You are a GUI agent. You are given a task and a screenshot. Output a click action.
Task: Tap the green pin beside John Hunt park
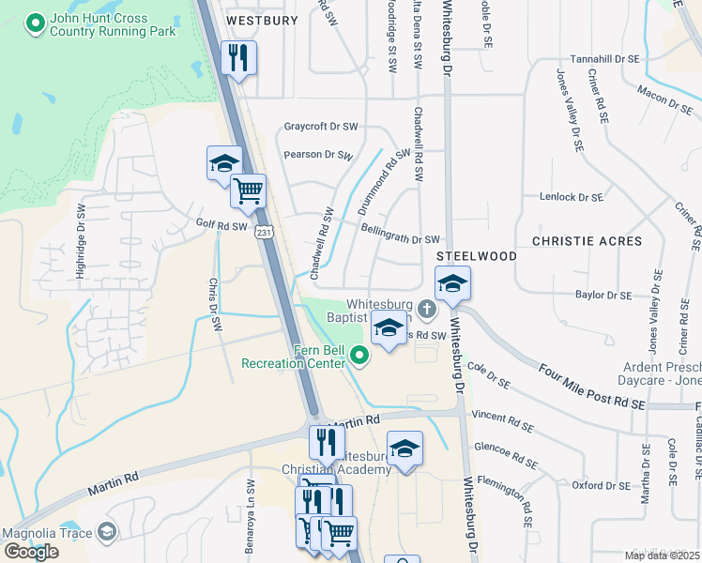click(36, 23)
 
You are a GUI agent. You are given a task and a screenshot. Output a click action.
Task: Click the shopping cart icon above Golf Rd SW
click(249, 190)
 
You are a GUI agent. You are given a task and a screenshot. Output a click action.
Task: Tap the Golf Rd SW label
click(221, 225)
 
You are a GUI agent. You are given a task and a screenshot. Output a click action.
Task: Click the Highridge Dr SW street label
click(81, 253)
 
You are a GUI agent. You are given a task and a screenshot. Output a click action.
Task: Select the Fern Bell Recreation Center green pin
click(359, 355)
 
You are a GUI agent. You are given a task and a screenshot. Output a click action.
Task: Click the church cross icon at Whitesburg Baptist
click(426, 309)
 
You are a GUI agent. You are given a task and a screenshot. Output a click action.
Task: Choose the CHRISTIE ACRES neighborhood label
click(587, 241)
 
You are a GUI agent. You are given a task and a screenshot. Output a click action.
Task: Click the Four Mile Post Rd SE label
click(593, 386)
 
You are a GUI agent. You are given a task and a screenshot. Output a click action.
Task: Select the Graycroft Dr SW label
click(321, 126)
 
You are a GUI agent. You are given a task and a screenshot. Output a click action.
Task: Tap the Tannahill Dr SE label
click(603, 58)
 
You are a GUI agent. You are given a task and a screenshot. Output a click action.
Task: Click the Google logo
click(30, 552)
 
